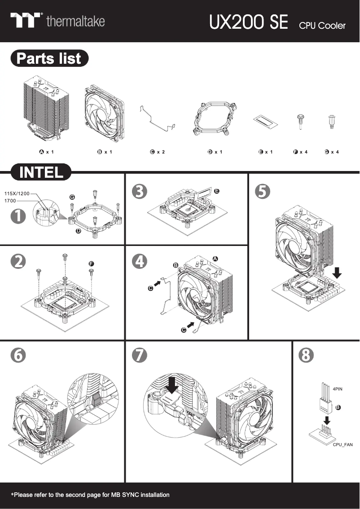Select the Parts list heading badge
tap(49, 59)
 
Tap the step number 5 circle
tap(262, 191)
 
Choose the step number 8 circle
tap(306, 355)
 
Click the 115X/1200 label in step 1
tap(17, 193)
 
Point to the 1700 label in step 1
tap(10, 201)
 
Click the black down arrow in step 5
tap(338, 272)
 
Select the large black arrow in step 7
tap(172, 384)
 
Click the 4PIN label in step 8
tap(338, 389)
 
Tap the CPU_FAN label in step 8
tap(343, 444)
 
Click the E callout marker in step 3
tap(216, 191)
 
